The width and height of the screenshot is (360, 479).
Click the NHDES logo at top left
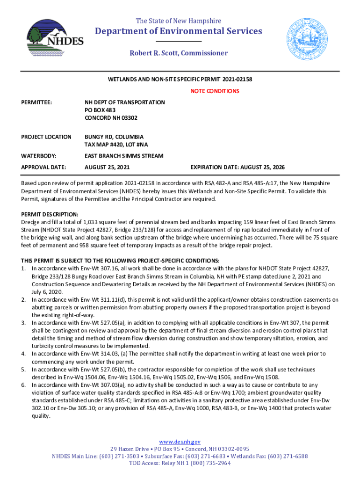coord(55,37)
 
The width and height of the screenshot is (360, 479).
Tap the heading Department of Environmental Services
coord(179,31)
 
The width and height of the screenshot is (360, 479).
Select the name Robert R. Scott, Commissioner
coord(179,53)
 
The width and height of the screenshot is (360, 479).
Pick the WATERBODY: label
coord(39,155)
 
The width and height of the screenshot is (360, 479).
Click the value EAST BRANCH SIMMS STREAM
coord(124,155)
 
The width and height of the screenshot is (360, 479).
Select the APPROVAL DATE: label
coord(43,167)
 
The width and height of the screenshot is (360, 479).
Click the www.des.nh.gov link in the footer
coord(180,442)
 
